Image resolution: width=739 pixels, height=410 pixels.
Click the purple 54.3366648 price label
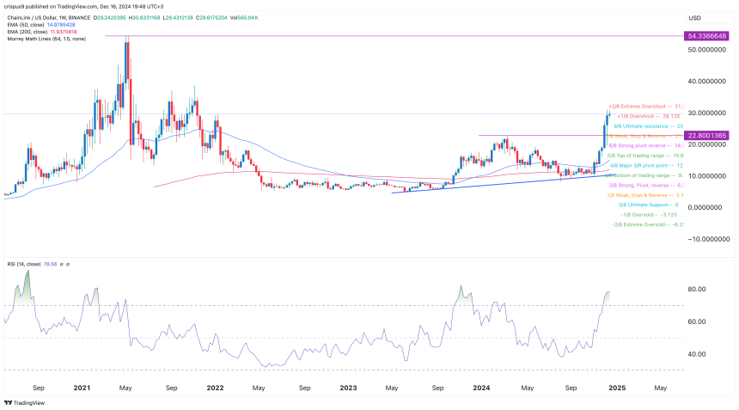click(707, 37)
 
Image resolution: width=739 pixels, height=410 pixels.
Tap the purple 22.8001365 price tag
click(707, 135)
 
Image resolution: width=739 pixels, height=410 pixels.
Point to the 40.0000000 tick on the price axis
click(705, 82)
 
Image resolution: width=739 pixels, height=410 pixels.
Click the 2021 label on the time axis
click(83, 388)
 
